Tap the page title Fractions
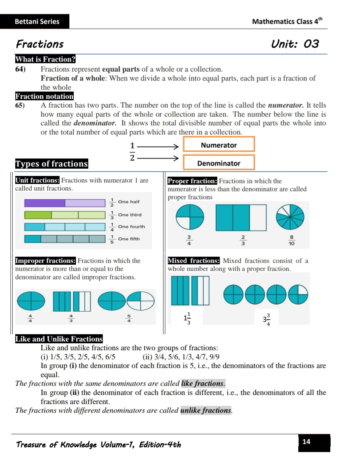click(40, 44)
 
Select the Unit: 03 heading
click(295, 44)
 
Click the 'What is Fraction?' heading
click(45, 59)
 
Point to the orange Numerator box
click(219, 144)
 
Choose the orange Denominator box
click(219, 163)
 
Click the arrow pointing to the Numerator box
click(158, 147)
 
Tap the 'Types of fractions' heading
click(52, 164)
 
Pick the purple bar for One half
click(65, 203)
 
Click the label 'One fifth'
click(129, 239)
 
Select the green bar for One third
click(65, 215)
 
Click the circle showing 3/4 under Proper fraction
click(190, 217)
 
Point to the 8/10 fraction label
click(291, 240)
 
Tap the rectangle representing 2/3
click(241, 217)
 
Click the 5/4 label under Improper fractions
click(129, 318)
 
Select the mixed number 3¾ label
click(267, 319)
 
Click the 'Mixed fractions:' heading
click(194, 261)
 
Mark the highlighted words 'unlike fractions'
click(206, 410)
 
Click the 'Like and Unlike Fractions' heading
click(59, 339)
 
